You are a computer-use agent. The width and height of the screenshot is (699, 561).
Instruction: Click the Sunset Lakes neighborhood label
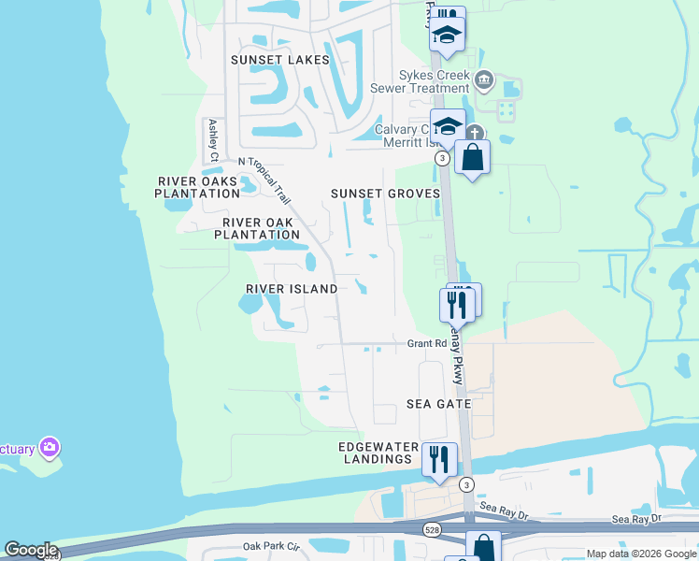280,60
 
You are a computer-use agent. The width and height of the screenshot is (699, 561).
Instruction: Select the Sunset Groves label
385,194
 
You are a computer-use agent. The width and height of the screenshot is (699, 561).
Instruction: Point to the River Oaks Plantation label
198,187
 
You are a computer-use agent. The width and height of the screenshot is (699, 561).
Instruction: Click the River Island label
292,289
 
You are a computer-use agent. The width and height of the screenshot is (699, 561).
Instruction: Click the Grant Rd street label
426,344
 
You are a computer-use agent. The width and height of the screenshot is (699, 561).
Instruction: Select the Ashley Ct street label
213,139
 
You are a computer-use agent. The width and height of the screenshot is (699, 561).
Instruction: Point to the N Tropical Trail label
264,178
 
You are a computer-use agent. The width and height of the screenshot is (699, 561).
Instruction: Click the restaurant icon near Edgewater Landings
438,459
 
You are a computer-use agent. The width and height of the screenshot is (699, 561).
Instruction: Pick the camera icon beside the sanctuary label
49,448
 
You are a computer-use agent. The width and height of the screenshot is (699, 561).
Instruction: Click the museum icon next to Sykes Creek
483,79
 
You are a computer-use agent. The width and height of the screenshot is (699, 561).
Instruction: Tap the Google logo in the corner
30,550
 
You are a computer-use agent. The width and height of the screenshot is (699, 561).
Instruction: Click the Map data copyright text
641,554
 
